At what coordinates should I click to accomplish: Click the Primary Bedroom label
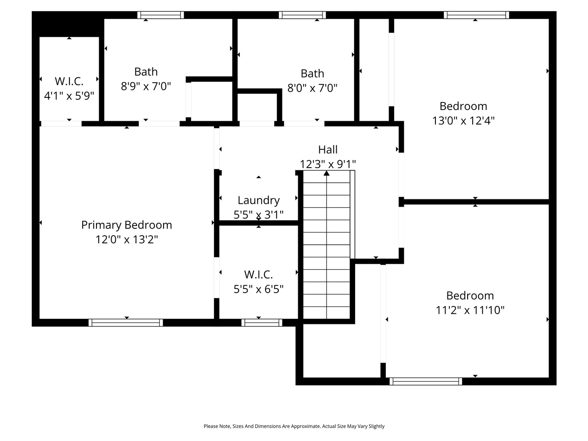tap(126, 225)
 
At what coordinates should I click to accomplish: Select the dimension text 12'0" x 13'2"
tap(126, 239)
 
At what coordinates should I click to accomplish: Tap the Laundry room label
tap(259, 200)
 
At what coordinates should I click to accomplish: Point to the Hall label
tap(328, 149)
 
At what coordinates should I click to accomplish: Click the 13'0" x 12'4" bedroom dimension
tap(463, 121)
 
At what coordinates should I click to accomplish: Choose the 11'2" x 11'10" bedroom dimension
tap(470, 310)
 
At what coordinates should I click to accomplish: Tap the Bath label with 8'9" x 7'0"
tap(146, 72)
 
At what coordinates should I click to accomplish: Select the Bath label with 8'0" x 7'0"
tap(312, 73)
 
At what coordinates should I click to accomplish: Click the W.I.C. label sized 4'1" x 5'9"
tap(69, 81)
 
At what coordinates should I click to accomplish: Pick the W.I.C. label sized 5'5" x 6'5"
tap(258, 275)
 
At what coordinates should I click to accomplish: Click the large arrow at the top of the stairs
tap(327, 173)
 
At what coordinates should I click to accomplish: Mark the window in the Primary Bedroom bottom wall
tap(125, 322)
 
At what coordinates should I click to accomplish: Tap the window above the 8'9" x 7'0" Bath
tap(161, 15)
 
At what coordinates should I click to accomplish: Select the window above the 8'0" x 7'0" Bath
tap(302, 15)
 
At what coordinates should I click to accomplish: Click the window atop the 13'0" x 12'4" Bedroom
tap(476, 15)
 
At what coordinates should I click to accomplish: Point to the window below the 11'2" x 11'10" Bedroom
tap(426, 381)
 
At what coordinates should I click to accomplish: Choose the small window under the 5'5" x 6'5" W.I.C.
tap(262, 322)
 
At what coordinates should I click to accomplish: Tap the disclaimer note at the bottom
tap(294, 426)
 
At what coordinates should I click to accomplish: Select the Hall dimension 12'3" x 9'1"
tap(328, 164)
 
